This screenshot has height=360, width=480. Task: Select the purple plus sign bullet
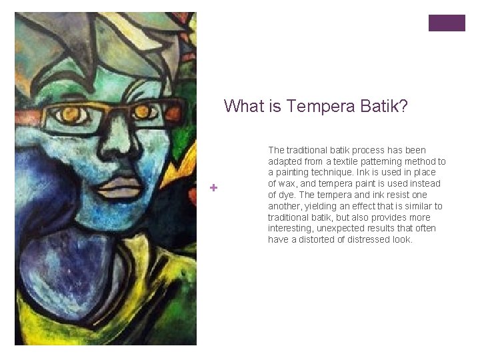tap(213, 188)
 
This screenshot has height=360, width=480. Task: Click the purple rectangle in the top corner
tap(447, 23)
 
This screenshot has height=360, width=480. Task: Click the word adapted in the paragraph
tap(283, 161)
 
